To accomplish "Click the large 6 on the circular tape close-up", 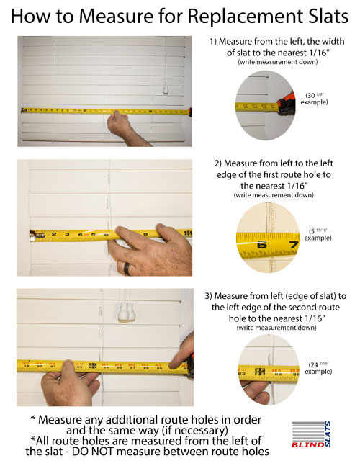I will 261,245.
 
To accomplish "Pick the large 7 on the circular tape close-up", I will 292,245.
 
